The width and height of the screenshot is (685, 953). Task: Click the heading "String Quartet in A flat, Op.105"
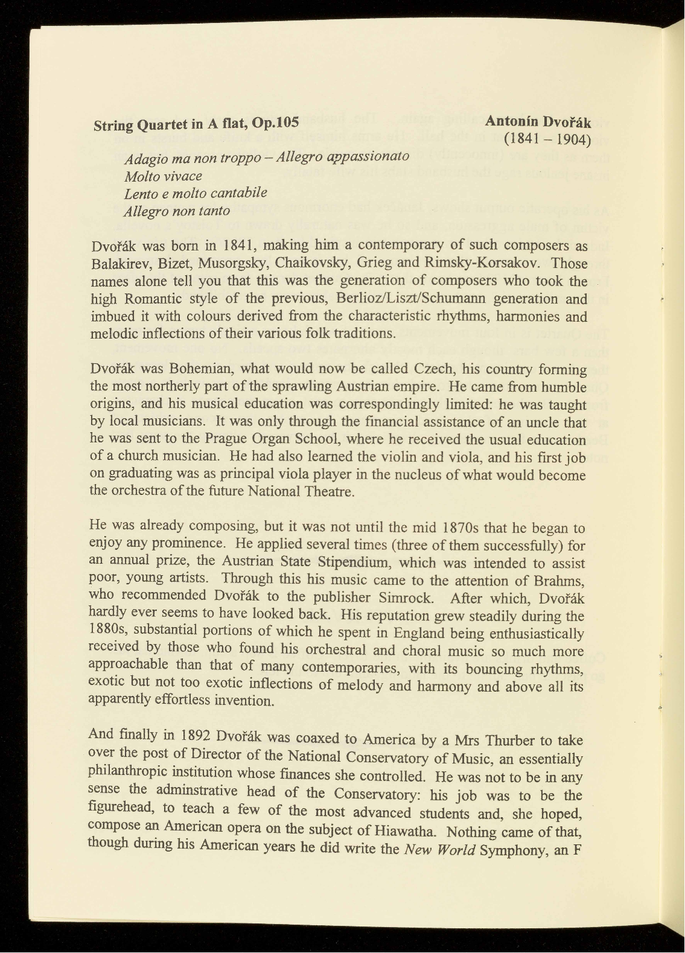coord(196,124)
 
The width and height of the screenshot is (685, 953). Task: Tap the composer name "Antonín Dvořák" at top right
coord(538,121)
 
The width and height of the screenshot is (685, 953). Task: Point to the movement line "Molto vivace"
coord(163,176)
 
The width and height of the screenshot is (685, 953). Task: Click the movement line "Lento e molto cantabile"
coord(195,194)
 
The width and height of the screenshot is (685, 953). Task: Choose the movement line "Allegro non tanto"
coord(176,211)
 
